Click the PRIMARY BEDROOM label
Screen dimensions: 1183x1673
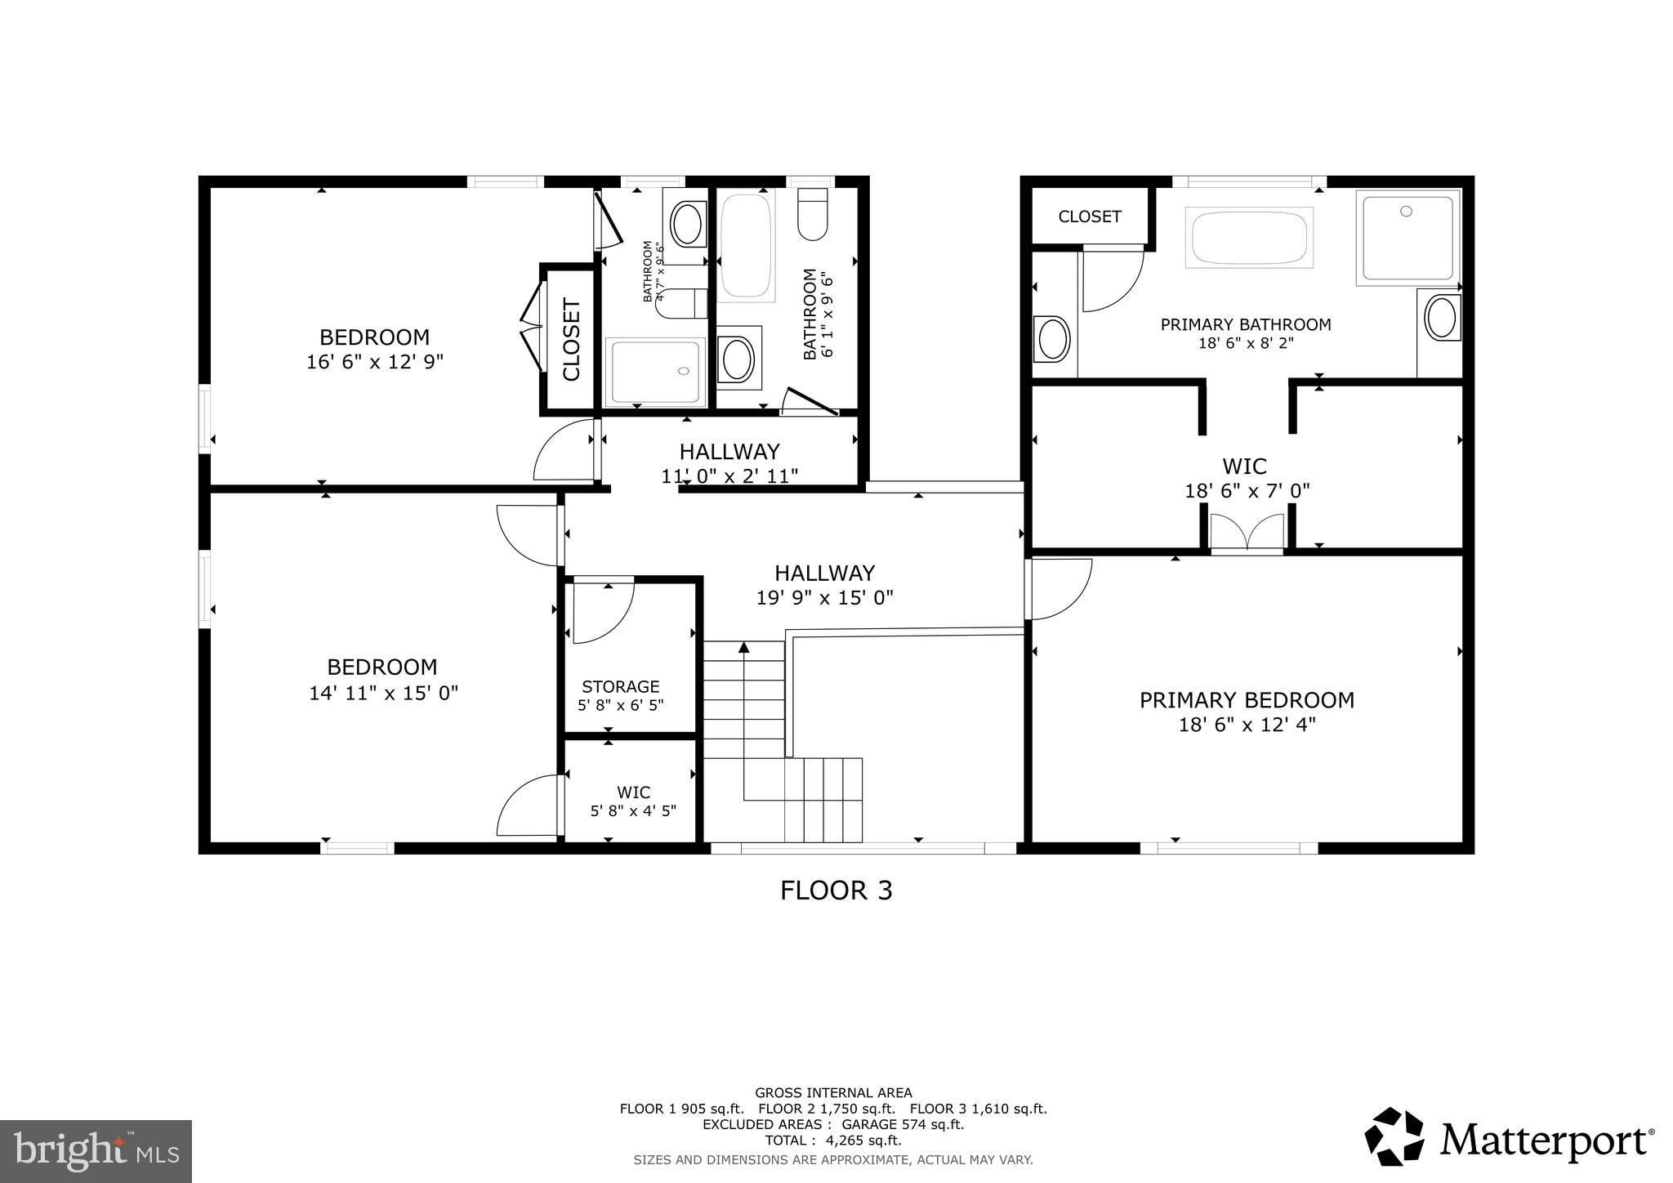(1247, 700)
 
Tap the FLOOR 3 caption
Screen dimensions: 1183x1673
(836, 891)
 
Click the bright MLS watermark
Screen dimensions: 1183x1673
(96, 1151)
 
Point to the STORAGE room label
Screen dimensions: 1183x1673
(620, 687)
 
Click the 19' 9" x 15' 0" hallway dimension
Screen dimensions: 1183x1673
(824, 598)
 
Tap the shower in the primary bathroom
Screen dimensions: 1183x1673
(1408, 237)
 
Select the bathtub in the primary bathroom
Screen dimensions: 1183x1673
(1249, 237)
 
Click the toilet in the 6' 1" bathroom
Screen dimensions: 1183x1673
(813, 214)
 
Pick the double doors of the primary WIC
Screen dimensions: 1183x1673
(1247, 533)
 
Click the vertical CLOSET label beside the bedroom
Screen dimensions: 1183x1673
(571, 340)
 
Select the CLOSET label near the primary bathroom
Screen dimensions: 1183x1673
(1089, 217)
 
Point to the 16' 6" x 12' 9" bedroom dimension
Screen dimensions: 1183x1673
(374, 362)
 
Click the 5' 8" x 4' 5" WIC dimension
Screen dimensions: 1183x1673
(633, 811)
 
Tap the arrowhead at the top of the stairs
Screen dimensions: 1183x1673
(743, 648)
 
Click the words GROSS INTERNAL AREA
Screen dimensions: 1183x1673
(832, 1092)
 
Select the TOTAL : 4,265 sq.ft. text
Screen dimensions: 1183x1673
(832, 1140)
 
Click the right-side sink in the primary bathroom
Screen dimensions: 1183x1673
(1443, 319)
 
